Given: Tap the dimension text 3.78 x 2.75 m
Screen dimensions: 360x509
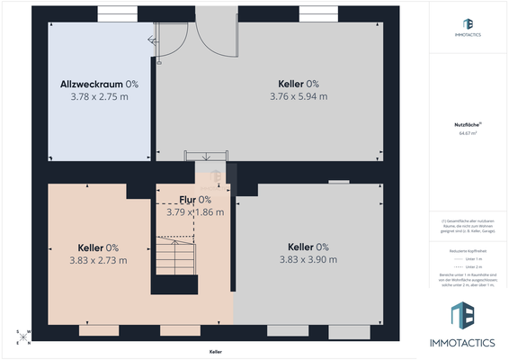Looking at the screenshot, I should [99, 94].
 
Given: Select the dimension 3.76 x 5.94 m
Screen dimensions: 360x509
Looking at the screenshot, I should [298, 95].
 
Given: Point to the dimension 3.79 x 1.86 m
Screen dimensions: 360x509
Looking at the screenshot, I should [195, 212].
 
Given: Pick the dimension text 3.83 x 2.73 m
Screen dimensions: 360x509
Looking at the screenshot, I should [98, 260].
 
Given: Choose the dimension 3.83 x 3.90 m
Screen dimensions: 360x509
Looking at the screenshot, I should [308, 259].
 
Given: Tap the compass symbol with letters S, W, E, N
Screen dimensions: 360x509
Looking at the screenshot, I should [23, 337].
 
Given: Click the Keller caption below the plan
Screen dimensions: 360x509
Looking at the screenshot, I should [216, 352].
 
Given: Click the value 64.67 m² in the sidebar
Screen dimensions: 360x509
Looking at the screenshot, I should [468, 132].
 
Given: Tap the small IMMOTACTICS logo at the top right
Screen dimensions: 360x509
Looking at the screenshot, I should [468, 27].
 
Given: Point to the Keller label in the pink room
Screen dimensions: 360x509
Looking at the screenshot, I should [98, 247].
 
